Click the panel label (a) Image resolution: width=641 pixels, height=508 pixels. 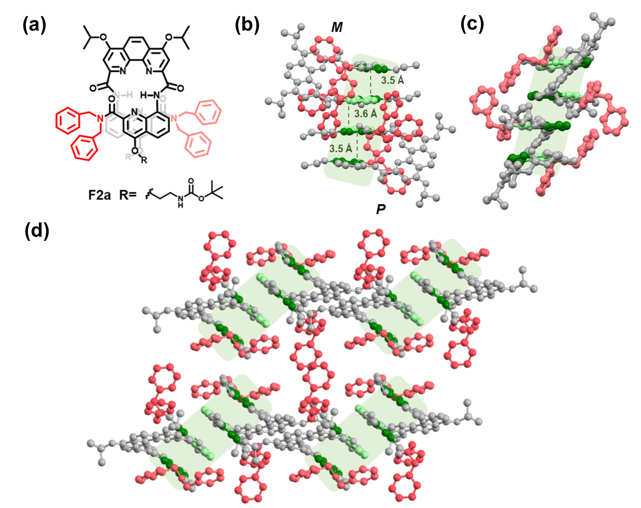[34, 24]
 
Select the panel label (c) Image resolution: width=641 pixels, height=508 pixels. [472, 23]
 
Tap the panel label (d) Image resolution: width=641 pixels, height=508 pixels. [36, 231]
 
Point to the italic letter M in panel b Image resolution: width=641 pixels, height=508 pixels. [337, 27]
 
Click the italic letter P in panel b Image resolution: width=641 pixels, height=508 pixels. [381, 209]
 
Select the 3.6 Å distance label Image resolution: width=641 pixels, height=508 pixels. [366, 114]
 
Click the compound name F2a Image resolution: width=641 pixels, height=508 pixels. [99, 195]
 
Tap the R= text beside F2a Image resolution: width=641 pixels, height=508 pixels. [127, 195]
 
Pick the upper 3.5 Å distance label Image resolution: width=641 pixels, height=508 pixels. [393, 80]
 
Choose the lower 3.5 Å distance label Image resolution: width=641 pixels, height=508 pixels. [341, 149]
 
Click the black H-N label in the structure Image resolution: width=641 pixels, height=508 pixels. [150, 94]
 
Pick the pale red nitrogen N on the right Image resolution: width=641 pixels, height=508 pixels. [175, 118]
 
